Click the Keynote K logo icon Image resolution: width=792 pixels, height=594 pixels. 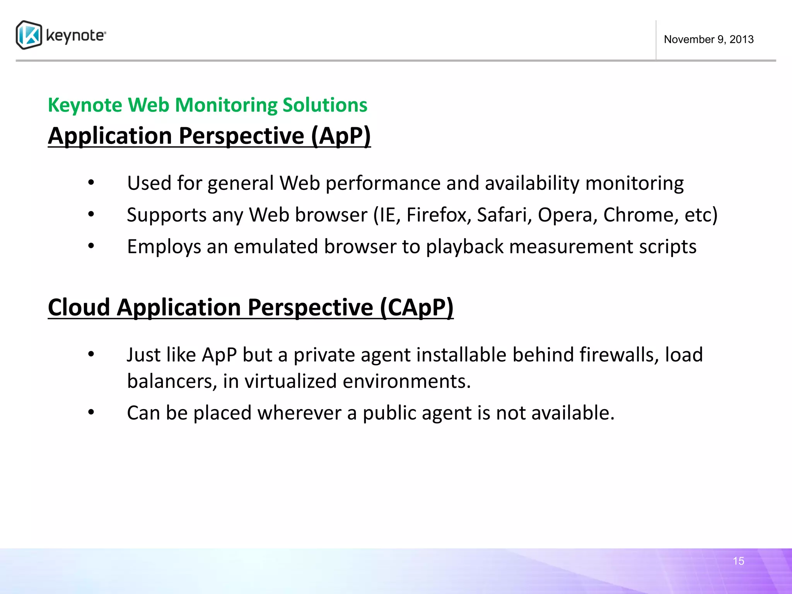[x=29, y=35]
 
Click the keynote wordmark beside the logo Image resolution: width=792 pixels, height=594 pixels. [x=75, y=36]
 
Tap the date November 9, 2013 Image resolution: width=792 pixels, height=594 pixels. [x=708, y=39]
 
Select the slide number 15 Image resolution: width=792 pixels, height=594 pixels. [x=738, y=561]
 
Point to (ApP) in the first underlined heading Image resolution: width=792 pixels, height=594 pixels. [x=341, y=136]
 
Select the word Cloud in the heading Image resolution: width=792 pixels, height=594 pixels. [x=79, y=307]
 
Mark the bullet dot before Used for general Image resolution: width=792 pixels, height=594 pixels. [x=91, y=183]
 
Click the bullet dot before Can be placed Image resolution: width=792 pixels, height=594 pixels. [x=91, y=412]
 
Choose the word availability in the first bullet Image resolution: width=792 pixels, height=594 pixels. [x=532, y=183]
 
